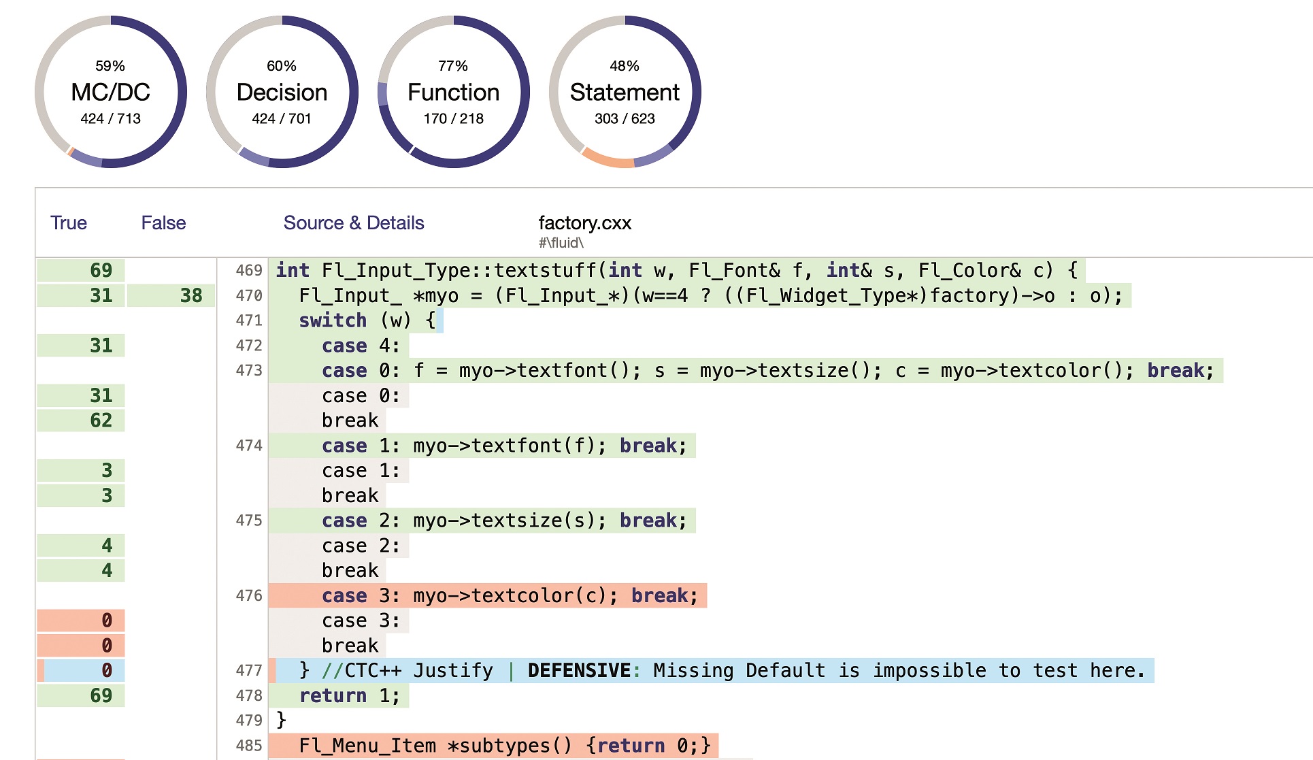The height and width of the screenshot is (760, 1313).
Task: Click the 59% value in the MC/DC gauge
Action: pyautogui.click(x=110, y=66)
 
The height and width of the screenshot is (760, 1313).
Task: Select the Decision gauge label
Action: pyautogui.click(x=282, y=93)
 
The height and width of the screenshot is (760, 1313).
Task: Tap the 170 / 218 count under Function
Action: pyautogui.click(x=453, y=118)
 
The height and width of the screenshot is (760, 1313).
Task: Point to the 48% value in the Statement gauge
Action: pyautogui.click(x=625, y=66)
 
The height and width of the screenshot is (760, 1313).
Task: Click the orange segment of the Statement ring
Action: pyautogui.click(x=608, y=160)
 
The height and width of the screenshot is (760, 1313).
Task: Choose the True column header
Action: pyautogui.click(x=69, y=223)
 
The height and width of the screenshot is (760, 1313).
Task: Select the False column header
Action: pyautogui.click(x=163, y=223)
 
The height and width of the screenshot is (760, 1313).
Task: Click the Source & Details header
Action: pyautogui.click(x=353, y=223)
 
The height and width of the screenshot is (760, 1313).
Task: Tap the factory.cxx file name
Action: pyautogui.click(x=584, y=223)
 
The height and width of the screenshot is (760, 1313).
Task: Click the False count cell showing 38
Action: pyautogui.click(x=190, y=295)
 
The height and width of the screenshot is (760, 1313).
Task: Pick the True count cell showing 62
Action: pyautogui.click(x=101, y=420)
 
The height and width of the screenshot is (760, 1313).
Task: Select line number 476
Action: pyautogui.click(x=249, y=595)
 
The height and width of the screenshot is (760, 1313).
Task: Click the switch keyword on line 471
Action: pyautogui.click(x=333, y=320)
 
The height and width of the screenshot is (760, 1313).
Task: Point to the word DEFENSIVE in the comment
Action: pyautogui.click(x=579, y=670)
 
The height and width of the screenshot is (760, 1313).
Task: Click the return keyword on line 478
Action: pyautogui.click(x=333, y=695)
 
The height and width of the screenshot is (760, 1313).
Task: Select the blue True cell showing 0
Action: pyautogui.click(x=106, y=670)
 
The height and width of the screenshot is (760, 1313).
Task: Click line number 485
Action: pyautogui.click(x=249, y=746)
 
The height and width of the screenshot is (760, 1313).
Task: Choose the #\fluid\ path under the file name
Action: pyautogui.click(x=561, y=243)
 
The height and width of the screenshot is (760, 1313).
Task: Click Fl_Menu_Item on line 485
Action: pyautogui.click(x=367, y=746)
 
